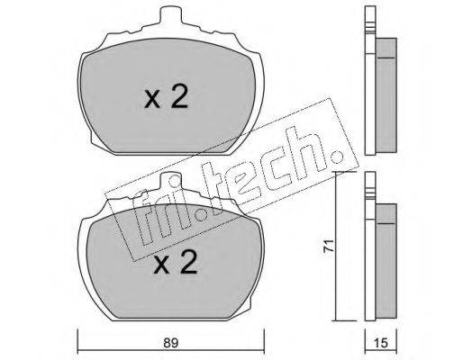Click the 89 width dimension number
click(x=170, y=343)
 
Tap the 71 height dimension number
click(x=330, y=246)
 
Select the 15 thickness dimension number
click(x=381, y=343)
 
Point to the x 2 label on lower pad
click(x=175, y=262)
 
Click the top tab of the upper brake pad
click(x=171, y=15)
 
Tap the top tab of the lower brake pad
click(x=171, y=181)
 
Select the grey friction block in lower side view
click(x=386, y=261)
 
